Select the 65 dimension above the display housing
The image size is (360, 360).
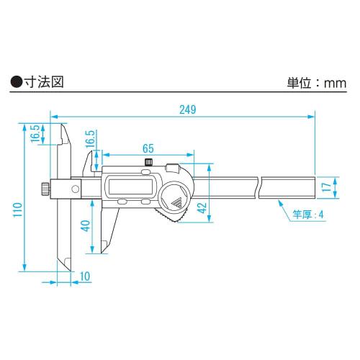148,148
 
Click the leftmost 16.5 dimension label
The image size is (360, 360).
34,135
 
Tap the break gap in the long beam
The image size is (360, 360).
261,188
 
